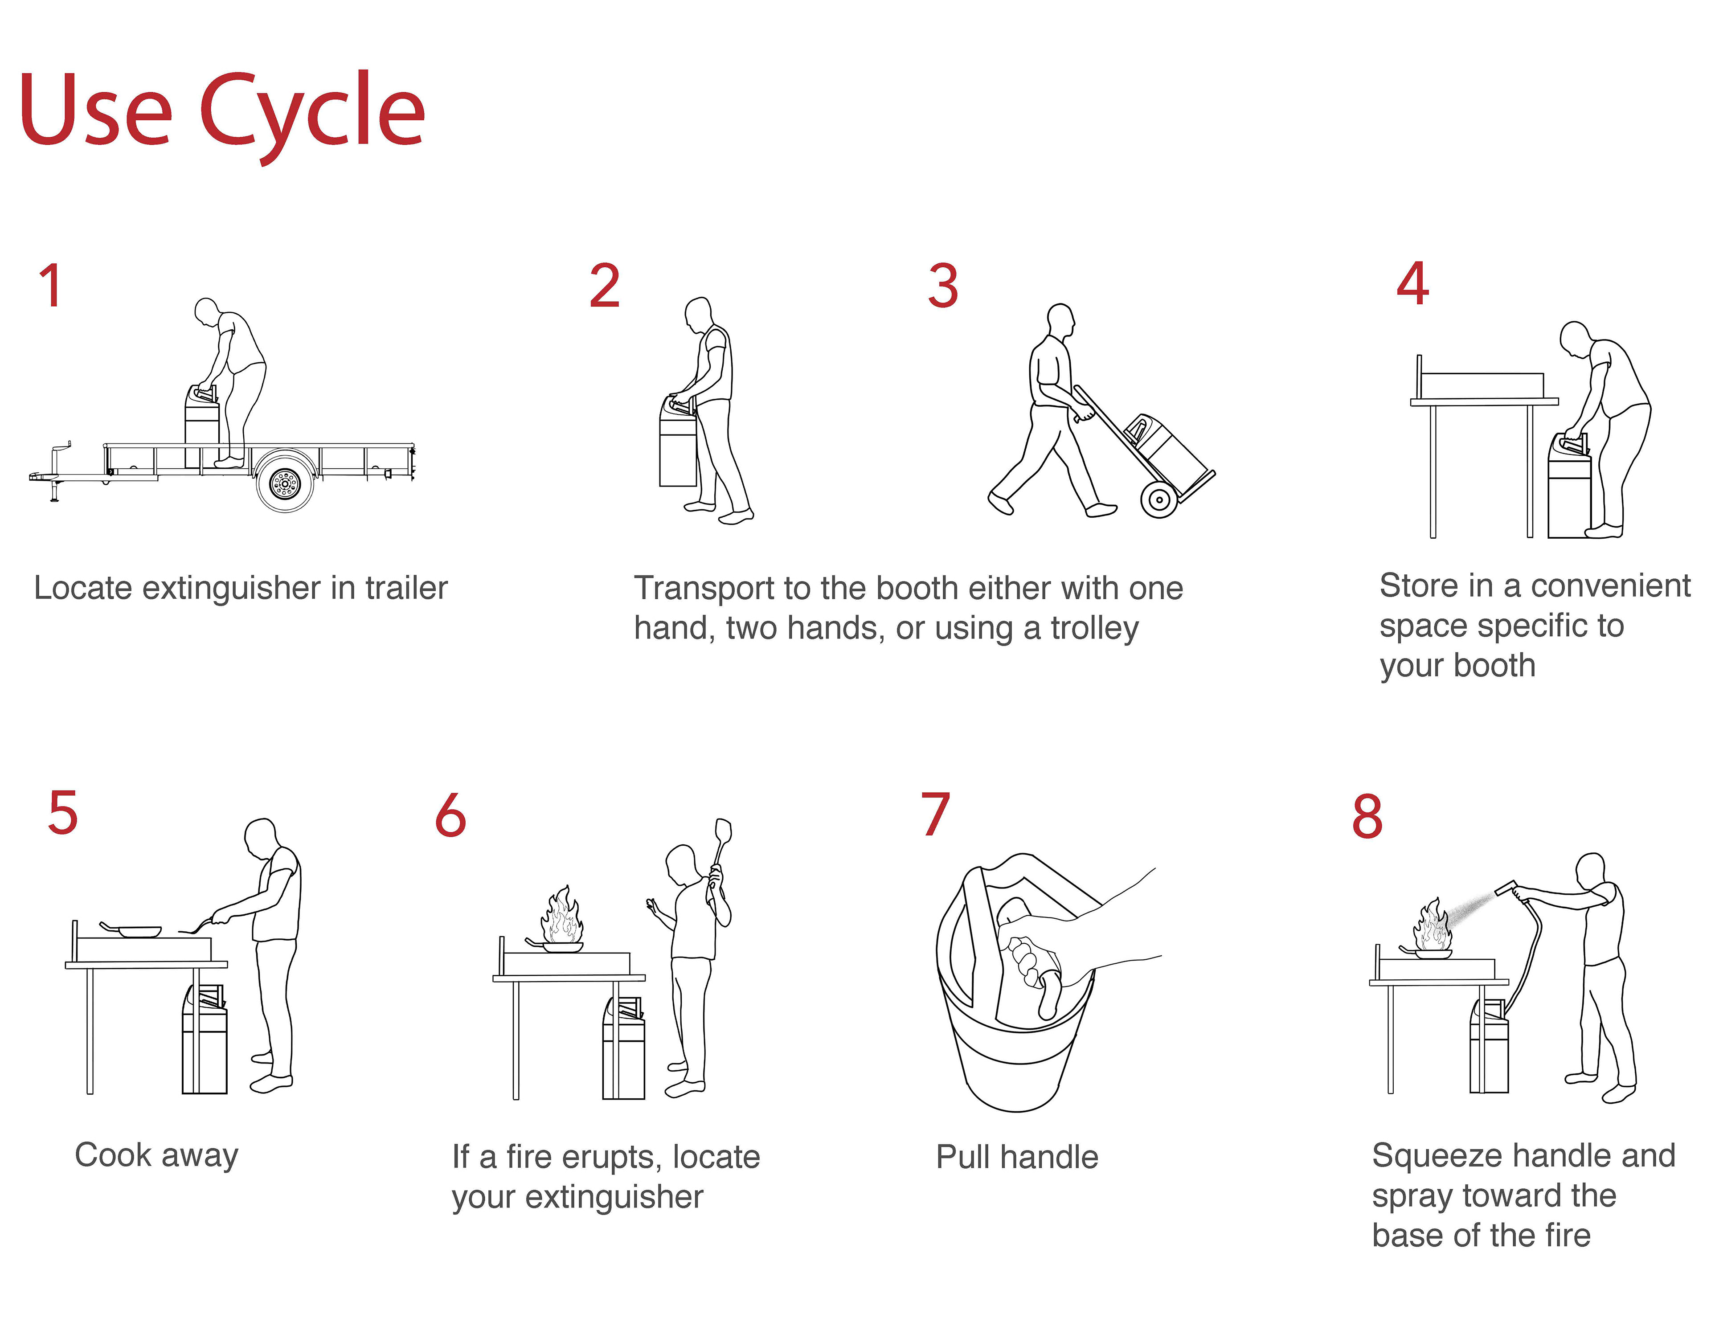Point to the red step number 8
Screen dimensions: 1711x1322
[1368, 817]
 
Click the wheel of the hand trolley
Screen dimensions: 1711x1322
[1158, 499]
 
